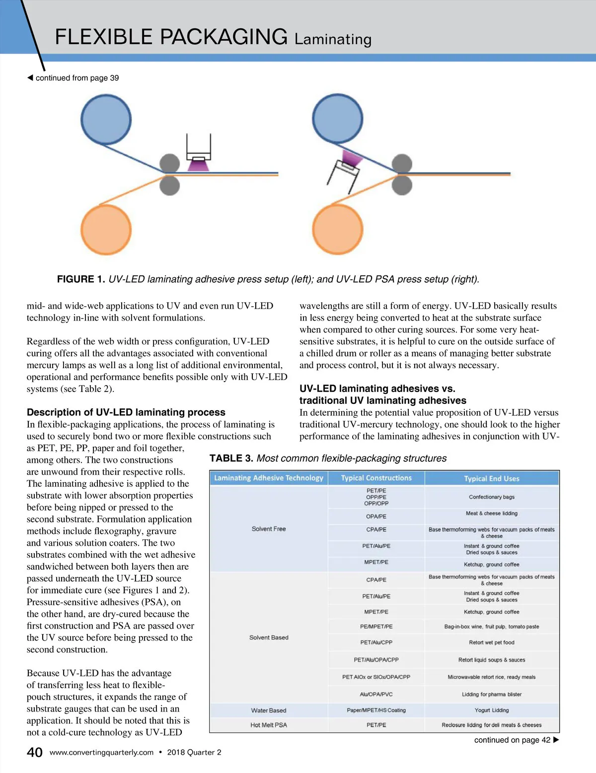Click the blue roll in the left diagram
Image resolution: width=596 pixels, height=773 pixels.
(x=106, y=120)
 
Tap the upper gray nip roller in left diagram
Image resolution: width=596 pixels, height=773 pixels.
(x=169, y=164)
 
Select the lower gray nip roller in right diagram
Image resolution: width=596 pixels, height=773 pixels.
(x=402, y=186)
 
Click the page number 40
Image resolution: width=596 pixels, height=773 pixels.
(x=34, y=753)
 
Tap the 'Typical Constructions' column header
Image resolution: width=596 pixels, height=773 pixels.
(x=376, y=478)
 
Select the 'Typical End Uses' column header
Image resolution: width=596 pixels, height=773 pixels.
(x=491, y=478)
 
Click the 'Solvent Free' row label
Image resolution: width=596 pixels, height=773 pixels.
(x=269, y=529)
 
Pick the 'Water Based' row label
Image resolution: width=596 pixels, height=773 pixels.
(x=269, y=710)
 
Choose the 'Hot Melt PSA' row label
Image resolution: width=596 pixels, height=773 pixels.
(x=269, y=725)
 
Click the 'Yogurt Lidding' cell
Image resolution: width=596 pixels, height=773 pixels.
(x=491, y=710)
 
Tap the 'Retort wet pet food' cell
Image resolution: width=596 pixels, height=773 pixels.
(x=491, y=643)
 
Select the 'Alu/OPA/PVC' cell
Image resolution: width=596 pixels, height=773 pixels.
(x=376, y=694)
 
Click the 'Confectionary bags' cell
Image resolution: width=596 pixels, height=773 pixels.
(x=491, y=497)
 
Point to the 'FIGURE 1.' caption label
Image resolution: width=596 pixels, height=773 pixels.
(x=81, y=279)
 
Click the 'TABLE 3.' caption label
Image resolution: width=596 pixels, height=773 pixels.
(x=231, y=458)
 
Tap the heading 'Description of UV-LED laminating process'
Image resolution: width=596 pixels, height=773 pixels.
(x=126, y=412)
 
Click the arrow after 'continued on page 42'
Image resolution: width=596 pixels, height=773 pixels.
(x=556, y=740)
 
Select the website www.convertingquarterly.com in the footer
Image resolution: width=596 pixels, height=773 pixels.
(x=101, y=753)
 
